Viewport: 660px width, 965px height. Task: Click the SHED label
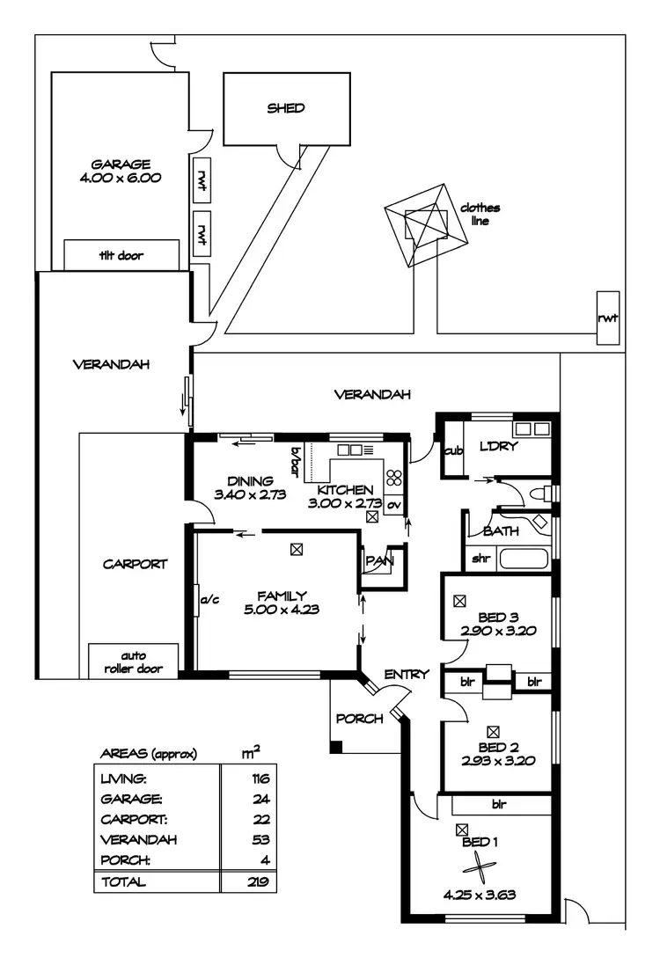[x=286, y=108]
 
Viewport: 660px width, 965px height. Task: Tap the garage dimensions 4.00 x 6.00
[x=121, y=177]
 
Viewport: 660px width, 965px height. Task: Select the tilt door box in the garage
[x=121, y=256]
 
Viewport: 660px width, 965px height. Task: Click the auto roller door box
[x=133, y=661]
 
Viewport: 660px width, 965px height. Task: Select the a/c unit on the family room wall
[x=209, y=602]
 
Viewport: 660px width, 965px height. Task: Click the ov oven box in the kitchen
[x=393, y=505]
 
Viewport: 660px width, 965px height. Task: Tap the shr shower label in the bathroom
[x=480, y=559]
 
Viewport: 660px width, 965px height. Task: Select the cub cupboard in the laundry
[x=453, y=450]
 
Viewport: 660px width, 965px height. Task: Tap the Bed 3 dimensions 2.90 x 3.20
[x=498, y=630]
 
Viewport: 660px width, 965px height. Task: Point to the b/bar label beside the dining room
[x=296, y=459]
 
